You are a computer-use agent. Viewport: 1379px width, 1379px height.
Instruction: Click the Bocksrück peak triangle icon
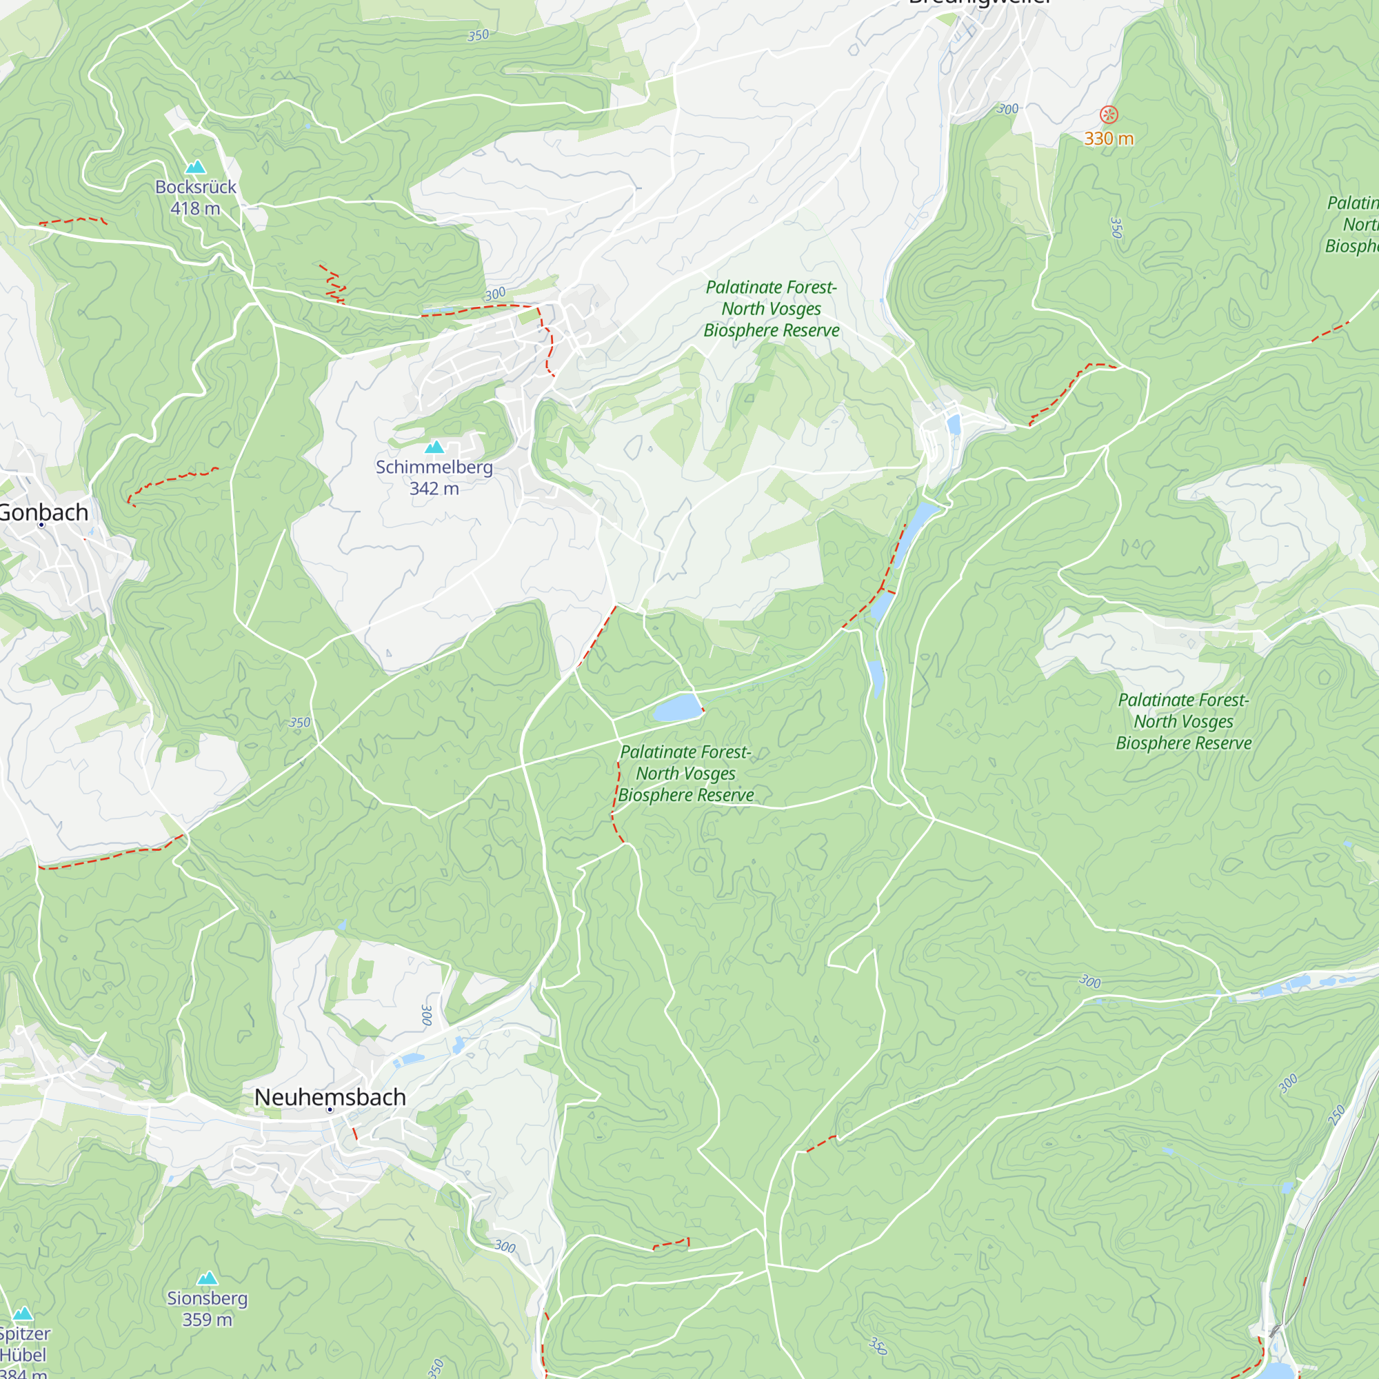click(x=196, y=167)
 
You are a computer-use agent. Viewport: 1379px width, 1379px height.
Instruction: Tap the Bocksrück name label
click(x=196, y=187)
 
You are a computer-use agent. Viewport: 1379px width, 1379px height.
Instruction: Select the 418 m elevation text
click(x=195, y=208)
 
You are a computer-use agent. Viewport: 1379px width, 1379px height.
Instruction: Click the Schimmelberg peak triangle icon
click(x=434, y=447)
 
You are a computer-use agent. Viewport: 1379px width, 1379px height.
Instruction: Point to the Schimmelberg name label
click(x=434, y=467)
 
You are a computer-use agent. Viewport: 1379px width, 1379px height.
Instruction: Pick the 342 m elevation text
click(x=434, y=489)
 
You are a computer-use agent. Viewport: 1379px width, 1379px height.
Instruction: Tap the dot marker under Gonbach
click(x=41, y=525)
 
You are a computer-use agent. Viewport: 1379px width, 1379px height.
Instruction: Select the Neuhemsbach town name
click(x=330, y=1097)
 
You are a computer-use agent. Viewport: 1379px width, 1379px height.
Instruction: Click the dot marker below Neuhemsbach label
click(x=330, y=1110)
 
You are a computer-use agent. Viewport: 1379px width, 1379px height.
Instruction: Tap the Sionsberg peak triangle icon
click(x=207, y=1278)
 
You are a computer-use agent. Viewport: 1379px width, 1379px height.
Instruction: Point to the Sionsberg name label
click(x=207, y=1298)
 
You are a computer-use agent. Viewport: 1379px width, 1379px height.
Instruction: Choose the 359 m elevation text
click(x=207, y=1320)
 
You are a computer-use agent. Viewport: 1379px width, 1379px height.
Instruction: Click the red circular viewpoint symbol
click(x=1109, y=114)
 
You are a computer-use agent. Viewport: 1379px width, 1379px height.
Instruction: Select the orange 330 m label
click(x=1109, y=139)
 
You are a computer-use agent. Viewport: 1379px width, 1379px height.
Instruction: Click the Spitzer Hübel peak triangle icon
click(x=23, y=1314)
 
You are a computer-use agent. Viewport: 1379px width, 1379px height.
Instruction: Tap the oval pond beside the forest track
click(x=676, y=708)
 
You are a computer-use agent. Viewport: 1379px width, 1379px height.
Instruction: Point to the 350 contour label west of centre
click(x=300, y=723)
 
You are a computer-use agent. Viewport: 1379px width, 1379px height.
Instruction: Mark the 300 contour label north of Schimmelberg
click(x=495, y=294)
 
